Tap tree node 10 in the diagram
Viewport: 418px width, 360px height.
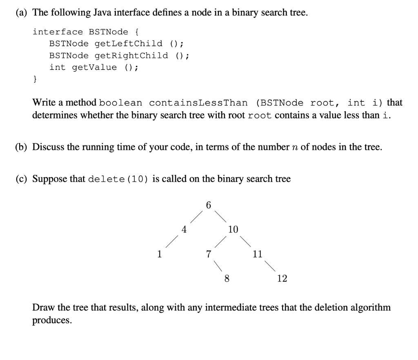(x=233, y=230)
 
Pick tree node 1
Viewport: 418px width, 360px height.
(x=160, y=254)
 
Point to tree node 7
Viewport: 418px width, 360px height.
(x=209, y=254)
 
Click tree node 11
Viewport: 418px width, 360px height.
(x=257, y=254)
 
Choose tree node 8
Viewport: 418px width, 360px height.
(x=227, y=279)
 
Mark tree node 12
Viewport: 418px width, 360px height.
(x=282, y=279)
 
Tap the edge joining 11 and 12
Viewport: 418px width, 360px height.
(x=269, y=266)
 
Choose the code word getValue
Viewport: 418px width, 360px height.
(x=94, y=67)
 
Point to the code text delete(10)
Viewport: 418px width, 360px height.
(x=118, y=179)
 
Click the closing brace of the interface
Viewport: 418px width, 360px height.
(x=35, y=79)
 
